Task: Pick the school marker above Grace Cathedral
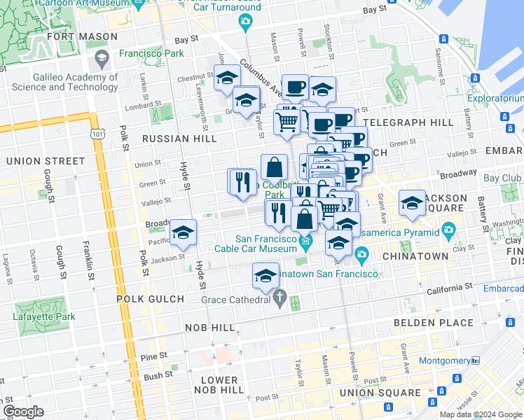(266, 276)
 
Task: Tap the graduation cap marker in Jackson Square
(412, 203)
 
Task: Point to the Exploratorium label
(497, 99)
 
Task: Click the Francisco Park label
(151, 52)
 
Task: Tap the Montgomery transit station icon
(476, 360)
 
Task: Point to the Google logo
(22, 411)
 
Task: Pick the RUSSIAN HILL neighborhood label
(179, 139)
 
